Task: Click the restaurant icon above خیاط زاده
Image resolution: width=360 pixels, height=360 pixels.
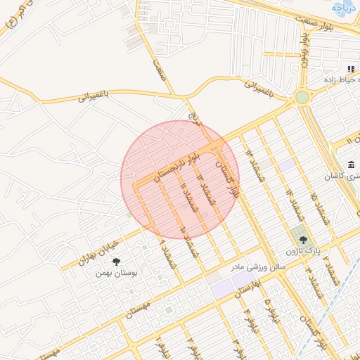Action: click(x=350, y=69)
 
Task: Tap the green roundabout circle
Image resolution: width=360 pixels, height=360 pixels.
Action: click(x=302, y=97)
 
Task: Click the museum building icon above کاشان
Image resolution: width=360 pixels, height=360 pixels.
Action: click(x=352, y=165)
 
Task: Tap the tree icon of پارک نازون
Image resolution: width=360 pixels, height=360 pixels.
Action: click(x=303, y=240)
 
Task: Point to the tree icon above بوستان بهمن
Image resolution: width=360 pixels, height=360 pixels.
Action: click(x=116, y=262)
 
